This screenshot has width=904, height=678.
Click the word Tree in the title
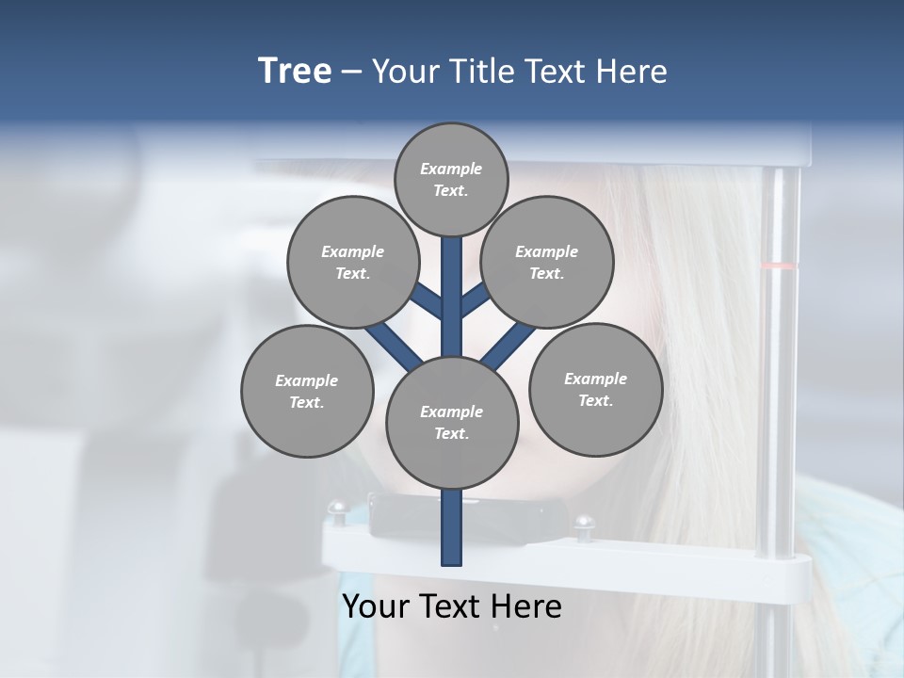coord(295,72)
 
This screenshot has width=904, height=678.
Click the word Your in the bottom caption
coord(377,606)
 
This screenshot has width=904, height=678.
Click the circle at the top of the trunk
coord(451,179)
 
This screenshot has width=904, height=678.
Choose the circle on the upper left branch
coord(352,262)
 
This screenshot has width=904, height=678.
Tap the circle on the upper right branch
coord(546,262)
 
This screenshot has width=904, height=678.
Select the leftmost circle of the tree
coord(307,391)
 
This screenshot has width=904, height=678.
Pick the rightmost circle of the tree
coord(595,389)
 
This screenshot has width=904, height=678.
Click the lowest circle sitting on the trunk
coord(451,422)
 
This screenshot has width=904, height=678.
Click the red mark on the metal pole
coord(779,266)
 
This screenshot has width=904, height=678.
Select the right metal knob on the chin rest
coord(585,523)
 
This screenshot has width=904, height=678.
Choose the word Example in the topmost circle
coord(451,169)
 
